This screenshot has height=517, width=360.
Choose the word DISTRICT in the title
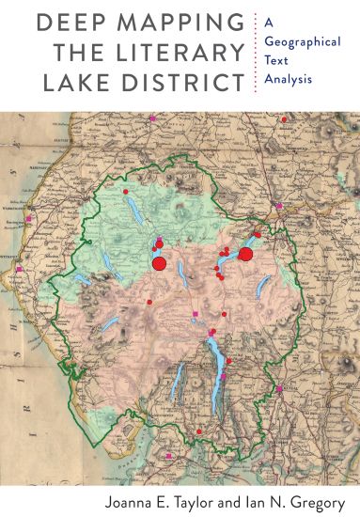pos(187,82)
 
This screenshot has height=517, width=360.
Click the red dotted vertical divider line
pos(256,52)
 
